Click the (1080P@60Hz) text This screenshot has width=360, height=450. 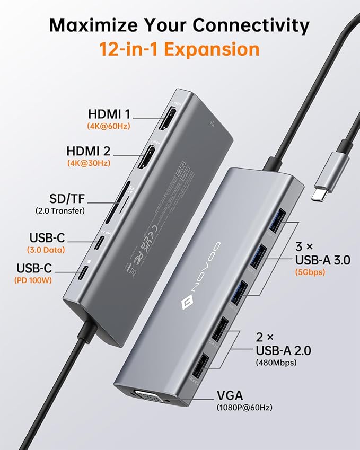click(x=245, y=408)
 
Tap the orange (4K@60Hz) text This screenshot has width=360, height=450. click(x=109, y=126)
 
